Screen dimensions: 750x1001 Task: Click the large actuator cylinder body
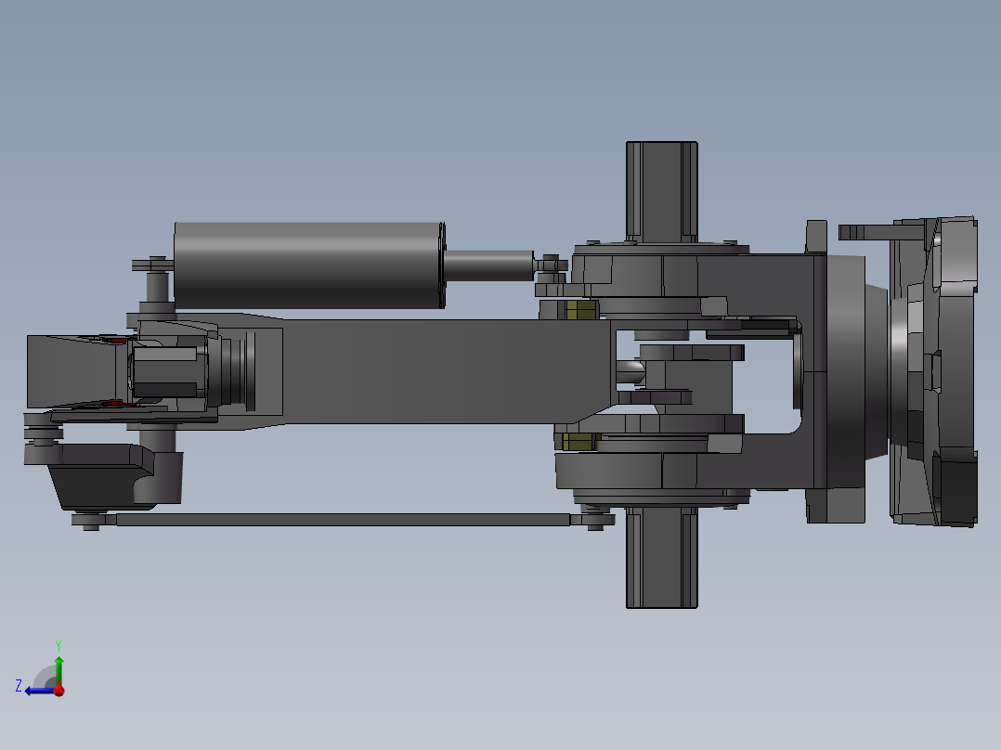pos(306,265)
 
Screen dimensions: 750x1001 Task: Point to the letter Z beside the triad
pos(19,686)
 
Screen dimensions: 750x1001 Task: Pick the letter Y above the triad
pos(58,644)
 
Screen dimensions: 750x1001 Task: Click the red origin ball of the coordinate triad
pos(58,690)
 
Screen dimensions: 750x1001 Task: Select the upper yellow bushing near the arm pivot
pos(581,309)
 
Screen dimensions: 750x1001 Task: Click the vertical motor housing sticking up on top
pos(661,190)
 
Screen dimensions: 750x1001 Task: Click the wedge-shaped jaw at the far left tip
pos(70,371)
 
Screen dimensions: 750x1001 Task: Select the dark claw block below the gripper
pos(102,473)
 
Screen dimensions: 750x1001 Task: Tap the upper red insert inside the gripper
pos(116,341)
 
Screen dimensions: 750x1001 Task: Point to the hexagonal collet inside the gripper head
pos(165,371)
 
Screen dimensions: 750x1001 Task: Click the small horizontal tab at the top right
pos(864,230)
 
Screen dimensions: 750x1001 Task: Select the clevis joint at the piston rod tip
pos(550,265)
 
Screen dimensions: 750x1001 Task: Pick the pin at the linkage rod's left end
pos(90,522)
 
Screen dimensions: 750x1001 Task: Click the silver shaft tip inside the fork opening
pos(632,371)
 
